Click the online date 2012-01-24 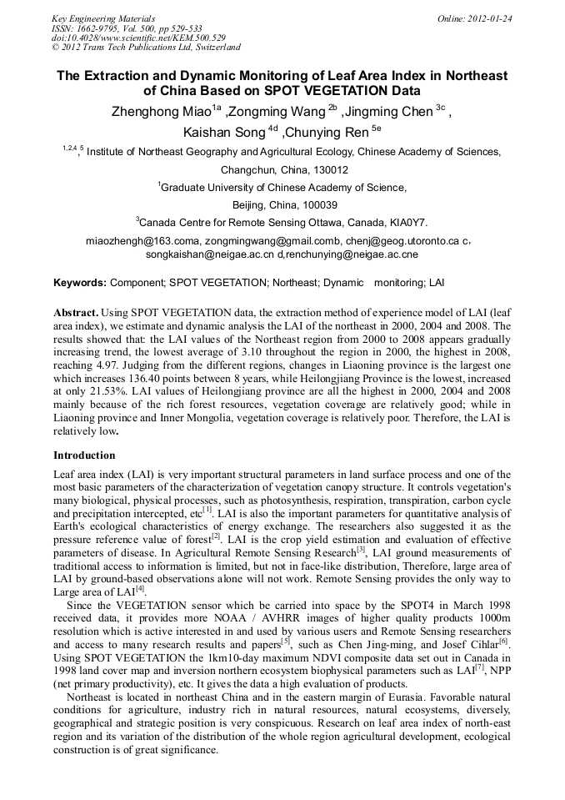coord(487,18)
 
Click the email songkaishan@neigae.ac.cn coord(212,254)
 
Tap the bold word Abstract coord(76,310)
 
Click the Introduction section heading coord(84,455)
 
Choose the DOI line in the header coord(138,38)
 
